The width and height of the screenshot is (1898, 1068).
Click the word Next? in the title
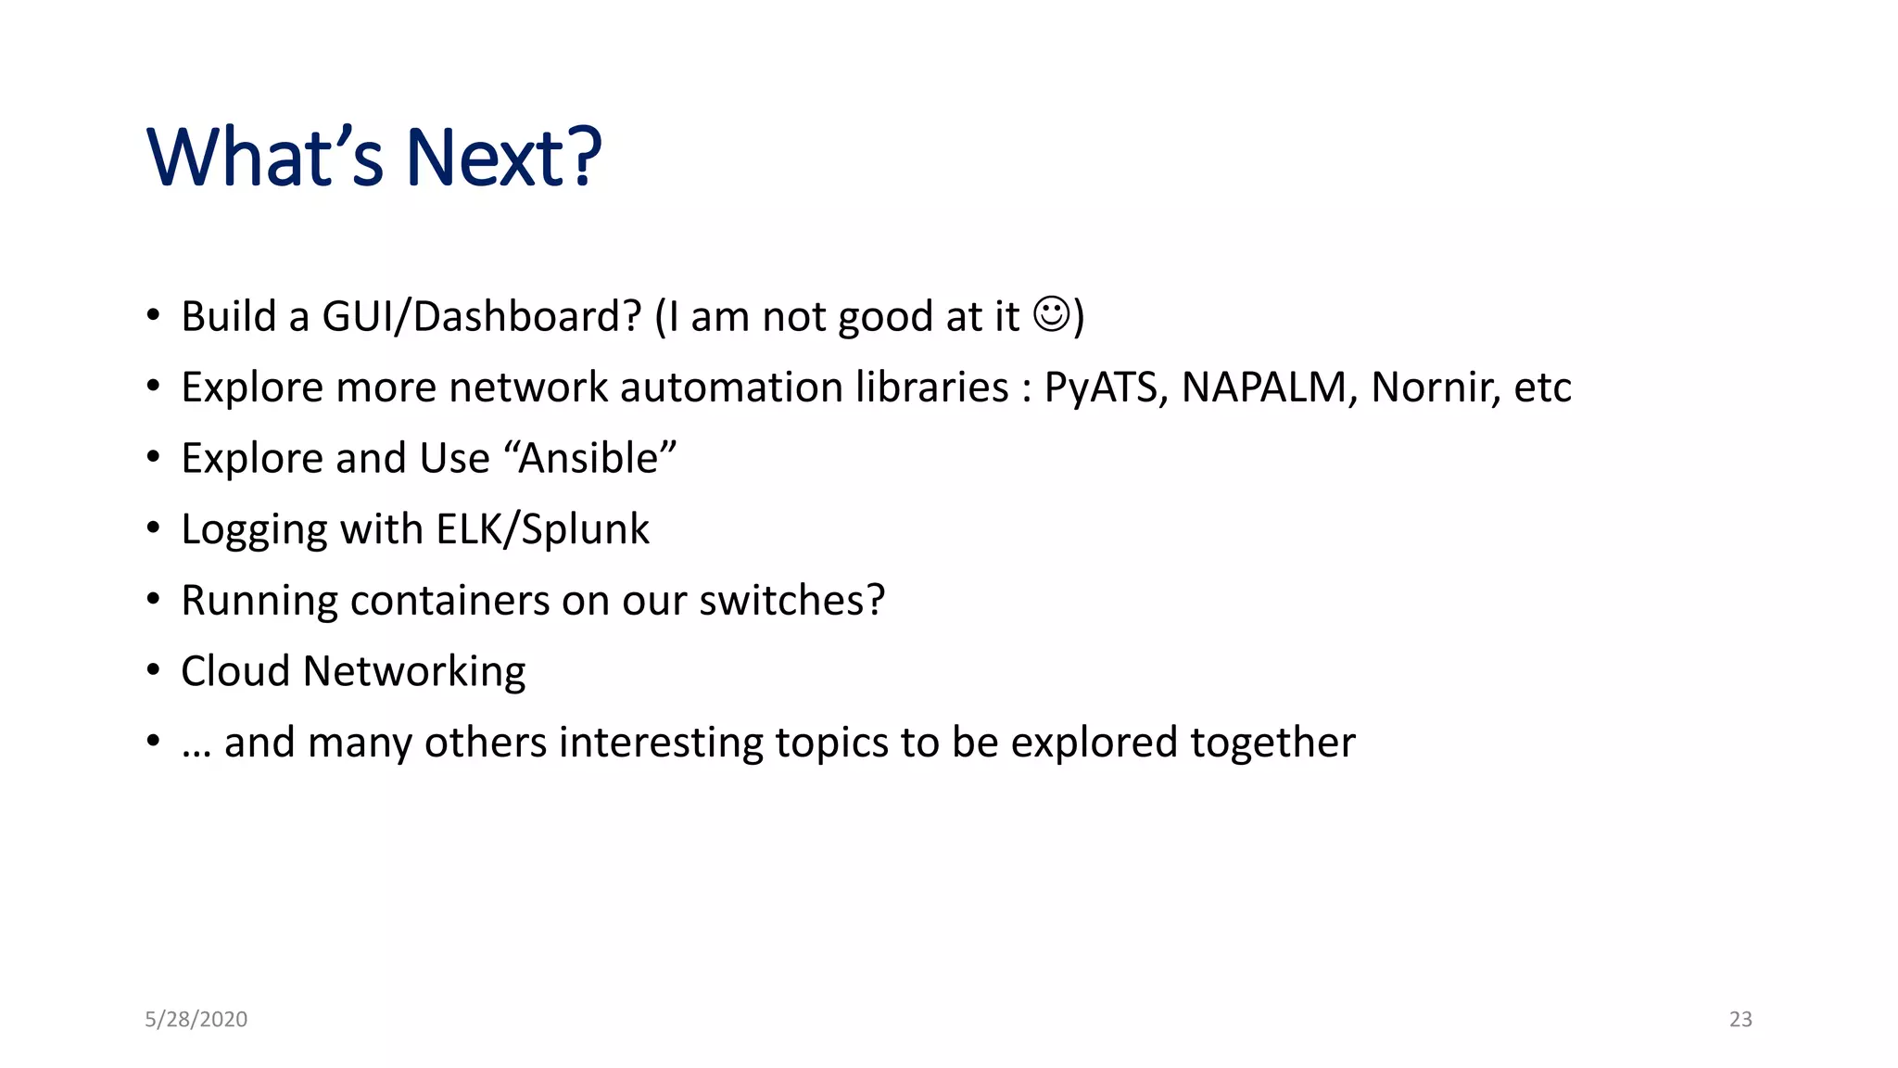pyautogui.click(x=503, y=158)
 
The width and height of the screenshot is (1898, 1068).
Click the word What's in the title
pyautogui.click(x=264, y=158)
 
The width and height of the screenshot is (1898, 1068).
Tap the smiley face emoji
pyautogui.click(x=1051, y=314)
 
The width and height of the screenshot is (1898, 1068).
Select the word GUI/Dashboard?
pyautogui.click(x=481, y=317)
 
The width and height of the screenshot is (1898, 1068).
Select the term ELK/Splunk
pyautogui.click(x=542, y=529)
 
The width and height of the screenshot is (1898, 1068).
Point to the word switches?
pyautogui.click(x=791, y=601)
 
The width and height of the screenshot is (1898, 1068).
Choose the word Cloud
pyautogui.click(x=235, y=671)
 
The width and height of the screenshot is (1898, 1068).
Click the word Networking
pyautogui.click(x=414, y=672)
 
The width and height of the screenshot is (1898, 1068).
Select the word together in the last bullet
pyautogui.click(x=1272, y=743)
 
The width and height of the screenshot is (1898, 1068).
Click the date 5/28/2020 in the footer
pyautogui.click(x=196, y=1019)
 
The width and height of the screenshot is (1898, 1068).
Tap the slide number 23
pyautogui.click(x=1740, y=1019)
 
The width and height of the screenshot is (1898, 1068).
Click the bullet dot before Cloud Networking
pyautogui.click(x=153, y=670)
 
